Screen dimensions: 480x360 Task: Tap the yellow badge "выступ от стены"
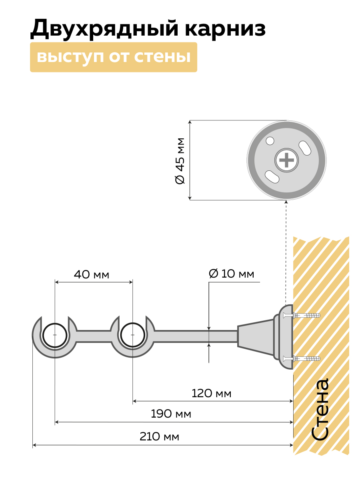coord(114,57)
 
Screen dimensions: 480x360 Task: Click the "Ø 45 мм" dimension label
coord(180,160)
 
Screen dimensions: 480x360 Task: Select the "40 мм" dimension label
coord(91,275)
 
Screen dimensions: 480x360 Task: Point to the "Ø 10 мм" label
coord(232,274)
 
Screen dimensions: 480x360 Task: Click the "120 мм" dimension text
coord(211,394)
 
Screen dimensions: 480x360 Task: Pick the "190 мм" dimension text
coord(171,414)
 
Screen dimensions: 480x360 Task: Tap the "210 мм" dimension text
coord(159,436)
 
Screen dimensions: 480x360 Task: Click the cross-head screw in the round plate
coord(286,160)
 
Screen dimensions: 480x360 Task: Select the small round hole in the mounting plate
coord(270,141)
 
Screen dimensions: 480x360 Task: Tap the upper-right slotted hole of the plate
coord(306,146)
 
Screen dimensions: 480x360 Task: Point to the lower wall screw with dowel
coord(302,359)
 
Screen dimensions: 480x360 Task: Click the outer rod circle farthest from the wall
coord(54,334)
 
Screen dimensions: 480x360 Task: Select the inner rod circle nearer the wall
coord(132,334)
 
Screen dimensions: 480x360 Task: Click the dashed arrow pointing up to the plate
coord(286,248)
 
